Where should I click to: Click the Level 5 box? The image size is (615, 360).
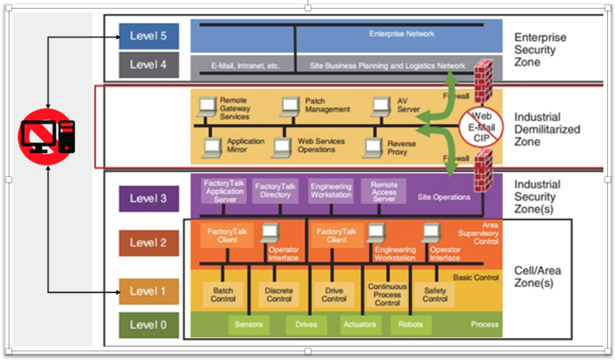(x=148, y=36)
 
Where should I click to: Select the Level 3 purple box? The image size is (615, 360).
(x=148, y=198)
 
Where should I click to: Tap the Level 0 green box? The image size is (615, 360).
(x=148, y=325)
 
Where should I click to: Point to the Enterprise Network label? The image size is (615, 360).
(x=401, y=34)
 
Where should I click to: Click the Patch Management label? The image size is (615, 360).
(x=327, y=105)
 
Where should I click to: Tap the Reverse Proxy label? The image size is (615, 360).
(x=401, y=148)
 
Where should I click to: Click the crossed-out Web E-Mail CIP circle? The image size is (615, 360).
(x=481, y=127)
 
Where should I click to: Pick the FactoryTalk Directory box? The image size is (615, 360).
(x=275, y=191)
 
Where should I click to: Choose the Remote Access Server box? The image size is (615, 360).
(x=384, y=191)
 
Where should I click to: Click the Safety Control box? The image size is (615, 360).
(x=434, y=294)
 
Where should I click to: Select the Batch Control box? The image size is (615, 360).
(x=223, y=294)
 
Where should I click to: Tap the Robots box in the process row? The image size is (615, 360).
(x=410, y=324)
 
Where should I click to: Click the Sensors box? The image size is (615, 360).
(x=248, y=324)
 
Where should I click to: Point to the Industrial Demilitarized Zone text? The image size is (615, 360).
(x=547, y=129)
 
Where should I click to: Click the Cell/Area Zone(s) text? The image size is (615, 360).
(x=537, y=276)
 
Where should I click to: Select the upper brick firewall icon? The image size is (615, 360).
(x=483, y=81)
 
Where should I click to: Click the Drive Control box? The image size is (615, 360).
(x=334, y=294)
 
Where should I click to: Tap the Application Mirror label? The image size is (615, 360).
(x=245, y=145)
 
